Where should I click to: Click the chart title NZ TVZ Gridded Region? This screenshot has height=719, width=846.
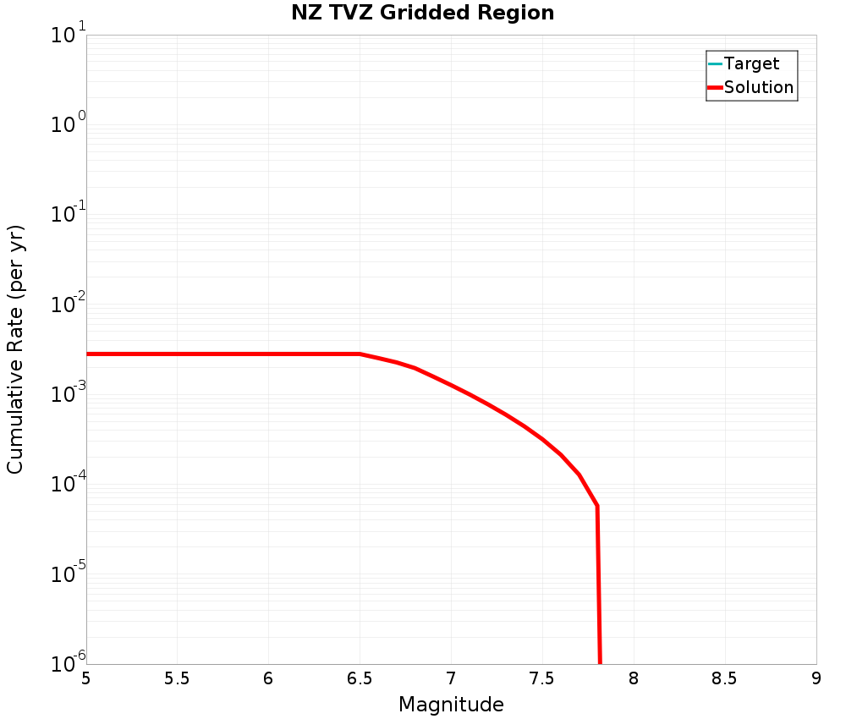click(x=422, y=14)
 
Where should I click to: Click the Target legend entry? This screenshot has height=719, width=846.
click(x=751, y=63)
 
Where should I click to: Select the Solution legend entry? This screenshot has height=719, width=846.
click(x=759, y=87)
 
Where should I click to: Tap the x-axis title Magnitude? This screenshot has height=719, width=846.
click(x=451, y=705)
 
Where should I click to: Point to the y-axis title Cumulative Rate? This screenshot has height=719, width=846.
click(x=16, y=349)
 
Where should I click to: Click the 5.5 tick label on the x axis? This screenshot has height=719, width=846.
click(x=177, y=678)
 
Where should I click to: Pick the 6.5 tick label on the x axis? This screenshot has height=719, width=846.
click(x=360, y=678)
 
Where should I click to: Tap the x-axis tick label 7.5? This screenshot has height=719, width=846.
click(x=541, y=678)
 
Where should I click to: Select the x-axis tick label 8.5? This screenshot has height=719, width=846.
click(x=724, y=678)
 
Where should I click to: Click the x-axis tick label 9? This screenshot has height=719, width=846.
click(x=816, y=678)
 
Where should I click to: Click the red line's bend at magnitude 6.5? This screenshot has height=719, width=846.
click(x=360, y=354)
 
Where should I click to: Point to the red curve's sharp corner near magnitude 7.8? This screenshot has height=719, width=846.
click(x=597, y=506)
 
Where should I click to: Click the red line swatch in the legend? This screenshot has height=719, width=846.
click(x=715, y=87)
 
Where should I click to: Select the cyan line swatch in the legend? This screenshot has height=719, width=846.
click(x=715, y=63)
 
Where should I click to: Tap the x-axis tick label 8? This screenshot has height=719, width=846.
click(x=633, y=678)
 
